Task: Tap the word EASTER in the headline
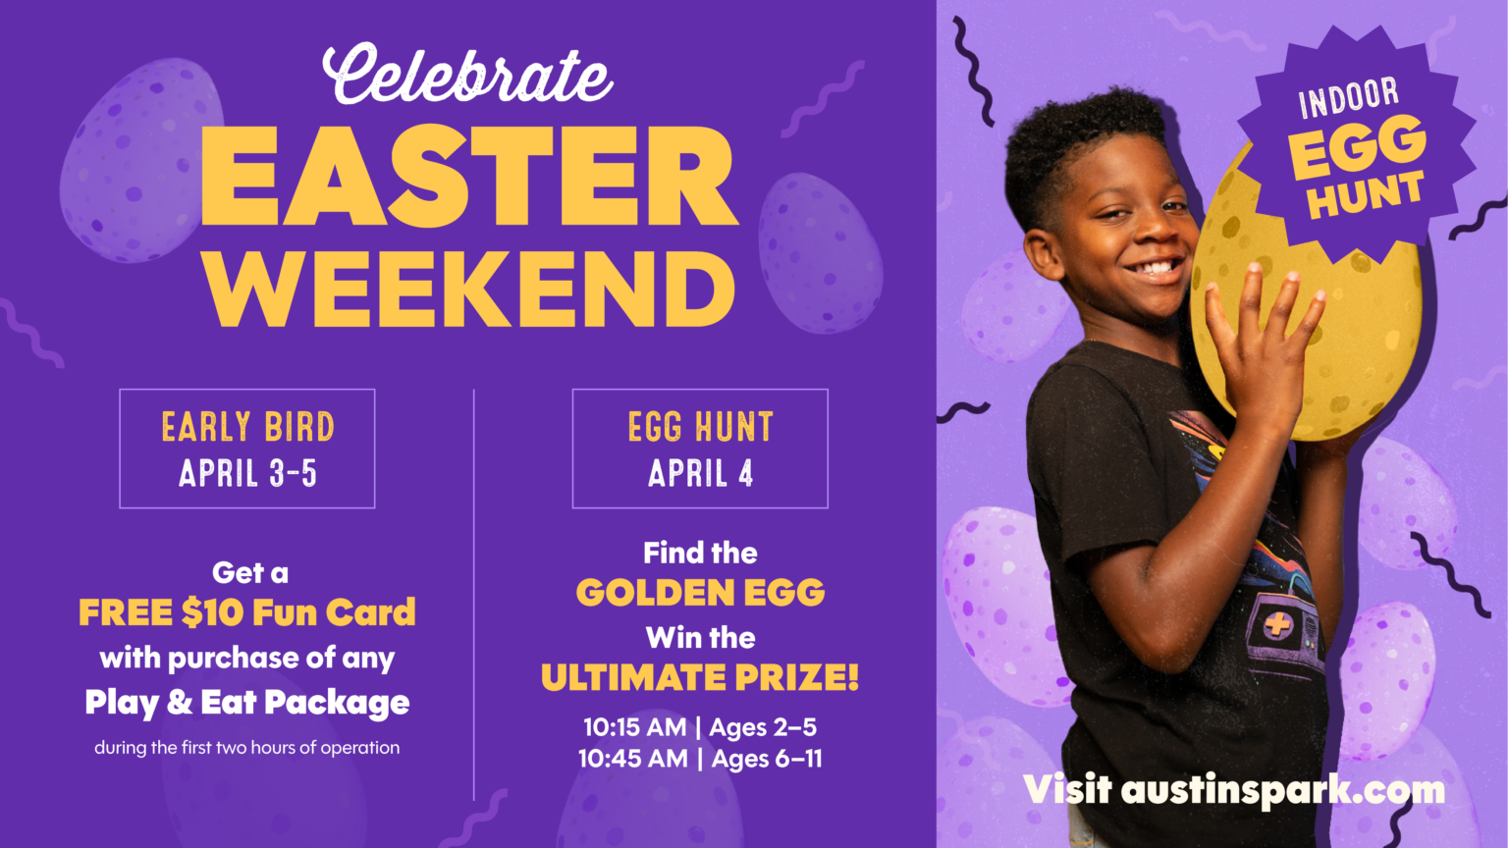point(468,177)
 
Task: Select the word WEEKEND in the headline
point(468,290)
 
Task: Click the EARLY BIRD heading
point(247,427)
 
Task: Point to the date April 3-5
point(247,473)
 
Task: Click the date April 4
point(700,473)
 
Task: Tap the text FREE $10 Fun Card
point(247,612)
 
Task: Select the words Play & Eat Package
point(247,703)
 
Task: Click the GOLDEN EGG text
point(700,592)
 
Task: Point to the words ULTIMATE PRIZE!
point(700,677)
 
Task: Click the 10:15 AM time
point(635,727)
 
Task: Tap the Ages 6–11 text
point(767,759)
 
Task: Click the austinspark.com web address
point(1282,790)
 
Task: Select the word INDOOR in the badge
point(1348,98)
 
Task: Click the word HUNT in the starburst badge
point(1366,194)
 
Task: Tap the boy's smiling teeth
point(1154,268)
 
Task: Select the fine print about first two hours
point(247,748)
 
